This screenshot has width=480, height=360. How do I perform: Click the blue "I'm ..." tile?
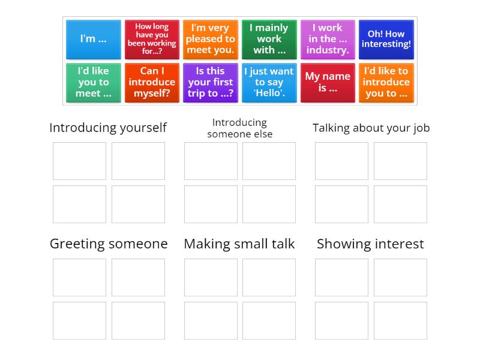(x=93, y=39)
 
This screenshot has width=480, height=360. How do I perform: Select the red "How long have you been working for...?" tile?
(x=152, y=39)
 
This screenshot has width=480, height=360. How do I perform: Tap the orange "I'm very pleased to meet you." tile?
(x=210, y=39)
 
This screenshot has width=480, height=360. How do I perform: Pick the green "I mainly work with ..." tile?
(x=269, y=39)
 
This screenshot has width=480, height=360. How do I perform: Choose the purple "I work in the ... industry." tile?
(x=328, y=39)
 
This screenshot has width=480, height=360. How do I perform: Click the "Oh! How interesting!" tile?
(x=386, y=39)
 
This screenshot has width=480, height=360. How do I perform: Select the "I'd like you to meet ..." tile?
(x=93, y=82)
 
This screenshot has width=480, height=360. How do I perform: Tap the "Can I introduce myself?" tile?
(x=152, y=82)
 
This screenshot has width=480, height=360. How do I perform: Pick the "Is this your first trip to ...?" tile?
(x=210, y=82)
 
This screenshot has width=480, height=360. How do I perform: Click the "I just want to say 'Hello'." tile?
(x=269, y=82)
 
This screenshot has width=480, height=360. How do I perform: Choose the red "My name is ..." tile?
(x=328, y=82)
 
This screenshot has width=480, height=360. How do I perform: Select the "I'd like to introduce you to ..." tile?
(x=386, y=82)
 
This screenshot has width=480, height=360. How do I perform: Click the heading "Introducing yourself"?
(x=108, y=128)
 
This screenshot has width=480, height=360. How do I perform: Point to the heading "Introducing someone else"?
(x=239, y=128)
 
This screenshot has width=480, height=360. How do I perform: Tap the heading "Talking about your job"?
(x=371, y=128)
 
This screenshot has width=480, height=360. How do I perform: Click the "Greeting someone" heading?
(x=108, y=244)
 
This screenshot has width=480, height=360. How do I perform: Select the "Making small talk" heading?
(x=239, y=244)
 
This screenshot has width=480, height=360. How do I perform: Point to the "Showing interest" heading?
(x=370, y=244)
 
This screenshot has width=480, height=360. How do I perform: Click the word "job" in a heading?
(x=420, y=128)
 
